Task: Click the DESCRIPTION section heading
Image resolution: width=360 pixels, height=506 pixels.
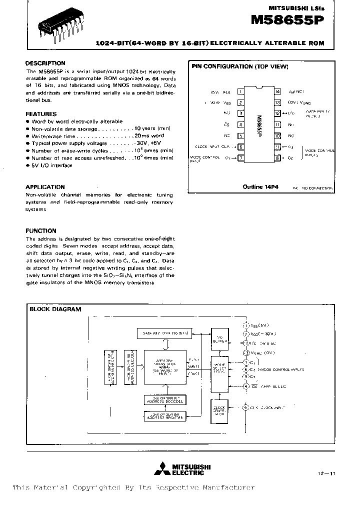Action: click(45, 63)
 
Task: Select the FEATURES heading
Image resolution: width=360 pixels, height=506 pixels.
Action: click(41, 114)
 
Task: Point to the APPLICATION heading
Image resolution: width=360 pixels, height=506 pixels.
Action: click(45, 187)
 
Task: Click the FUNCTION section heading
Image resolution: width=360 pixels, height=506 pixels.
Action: click(40, 231)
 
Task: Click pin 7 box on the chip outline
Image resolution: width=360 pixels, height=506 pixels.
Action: click(240, 158)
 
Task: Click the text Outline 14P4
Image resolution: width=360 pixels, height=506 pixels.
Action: click(260, 187)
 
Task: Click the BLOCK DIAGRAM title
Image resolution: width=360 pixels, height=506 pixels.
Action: click(55, 309)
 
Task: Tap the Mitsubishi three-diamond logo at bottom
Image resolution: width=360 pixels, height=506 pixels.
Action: click(161, 469)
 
